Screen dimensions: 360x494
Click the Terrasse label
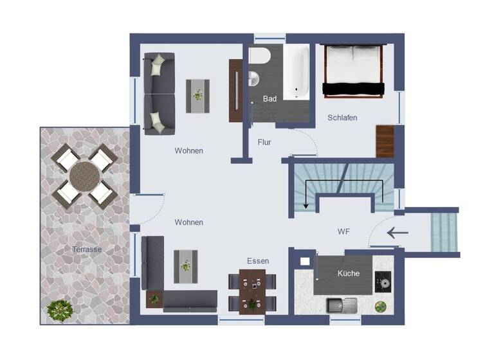(86, 249)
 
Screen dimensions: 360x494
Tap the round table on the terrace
(84, 173)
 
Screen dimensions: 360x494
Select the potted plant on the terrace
(59, 311)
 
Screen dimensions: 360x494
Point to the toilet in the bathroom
(260, 57)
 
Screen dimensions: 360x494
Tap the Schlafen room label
(342, 118)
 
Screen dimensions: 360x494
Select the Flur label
(264, 142)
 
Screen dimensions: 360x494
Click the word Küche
(349, 274)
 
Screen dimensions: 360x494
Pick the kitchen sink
(342, 305)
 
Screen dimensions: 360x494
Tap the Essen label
(258, 261)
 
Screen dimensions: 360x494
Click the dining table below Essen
(252, 291)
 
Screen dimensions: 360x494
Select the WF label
(343, 231)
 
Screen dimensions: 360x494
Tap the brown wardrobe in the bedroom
(385, 141)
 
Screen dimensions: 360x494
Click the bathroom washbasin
(253, 78)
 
